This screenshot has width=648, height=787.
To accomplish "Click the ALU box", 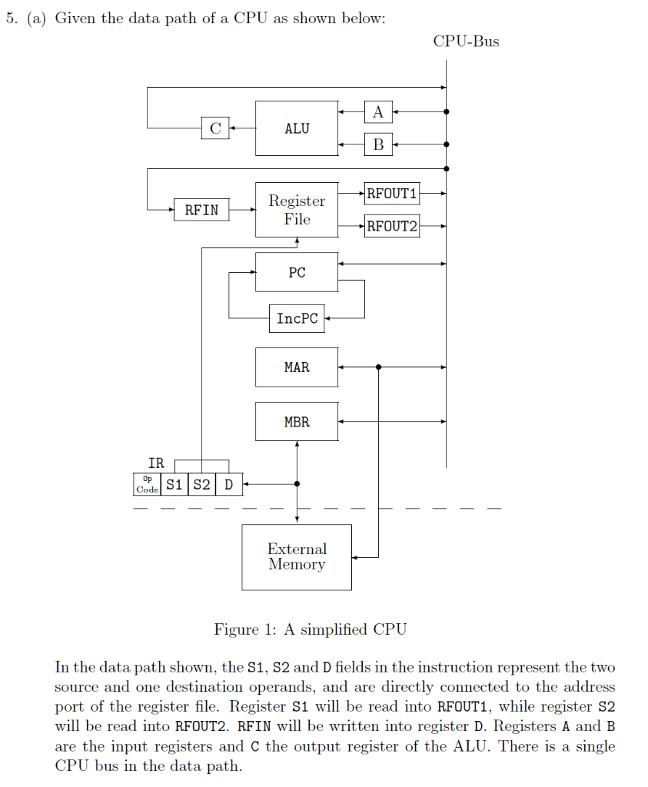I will point(297,128).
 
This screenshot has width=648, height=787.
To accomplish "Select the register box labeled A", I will point(377,112).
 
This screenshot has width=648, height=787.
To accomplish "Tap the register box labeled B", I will point(377,144).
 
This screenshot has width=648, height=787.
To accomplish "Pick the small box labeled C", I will point(214,128).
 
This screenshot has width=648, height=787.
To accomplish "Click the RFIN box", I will point(201,209).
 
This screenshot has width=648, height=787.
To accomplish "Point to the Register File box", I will point(297,209).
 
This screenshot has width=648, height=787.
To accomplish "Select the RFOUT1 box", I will point(392,194).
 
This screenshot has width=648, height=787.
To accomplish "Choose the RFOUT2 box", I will point(392,226).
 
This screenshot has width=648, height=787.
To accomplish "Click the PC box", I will point(297,272).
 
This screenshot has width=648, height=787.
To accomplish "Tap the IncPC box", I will point(297,318).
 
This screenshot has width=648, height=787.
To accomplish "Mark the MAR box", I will point(297,367).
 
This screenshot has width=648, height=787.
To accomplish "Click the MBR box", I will point(297,421).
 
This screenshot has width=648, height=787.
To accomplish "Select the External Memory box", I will point(297,556).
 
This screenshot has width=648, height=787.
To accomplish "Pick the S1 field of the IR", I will point(174,484).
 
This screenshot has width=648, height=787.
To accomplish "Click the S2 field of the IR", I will point(201,484).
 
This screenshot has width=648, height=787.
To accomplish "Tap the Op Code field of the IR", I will point(147,484).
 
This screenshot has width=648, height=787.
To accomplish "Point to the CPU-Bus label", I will point(466,42).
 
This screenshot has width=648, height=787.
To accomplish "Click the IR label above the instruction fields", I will point(156,463).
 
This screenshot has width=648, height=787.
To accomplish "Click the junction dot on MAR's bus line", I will point(378,367).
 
